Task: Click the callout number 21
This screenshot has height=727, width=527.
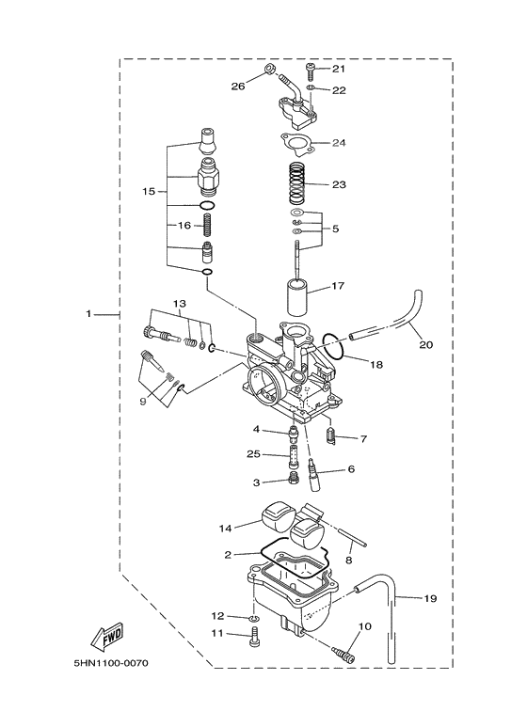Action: coord(339,69)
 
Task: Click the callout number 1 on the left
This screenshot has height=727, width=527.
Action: coord(89,314)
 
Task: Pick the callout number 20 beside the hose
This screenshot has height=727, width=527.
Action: coord(425,345)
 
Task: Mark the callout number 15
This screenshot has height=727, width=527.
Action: coord(148,191)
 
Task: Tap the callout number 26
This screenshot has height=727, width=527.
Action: coord(237,87)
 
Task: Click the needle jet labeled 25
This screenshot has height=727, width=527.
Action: coord(295,461)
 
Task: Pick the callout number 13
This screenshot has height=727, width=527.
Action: coord(179,304)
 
